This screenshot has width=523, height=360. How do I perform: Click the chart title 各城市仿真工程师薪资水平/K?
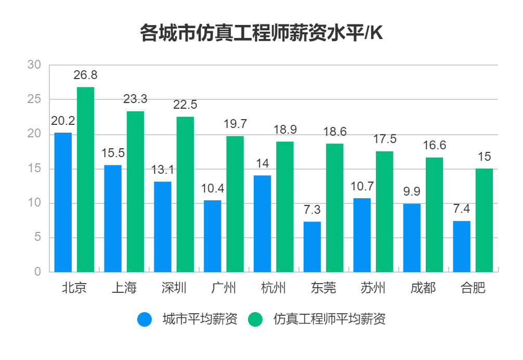pyautogui.click(x=261, y=33)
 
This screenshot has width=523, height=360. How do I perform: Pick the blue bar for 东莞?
pyautogui.click(x=312, y=247)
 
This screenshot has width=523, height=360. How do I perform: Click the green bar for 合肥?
pyautogui.click(x=484, y=220)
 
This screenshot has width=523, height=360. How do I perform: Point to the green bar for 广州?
pyautogui.click(x=235, y=204)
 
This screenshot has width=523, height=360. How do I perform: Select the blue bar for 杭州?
pyautogui.click(x=262, y=224)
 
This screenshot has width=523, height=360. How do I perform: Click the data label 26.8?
pyautogui.click(x=85, y=75)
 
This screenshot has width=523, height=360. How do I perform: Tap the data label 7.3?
pyautogui.click(x=312, y=210)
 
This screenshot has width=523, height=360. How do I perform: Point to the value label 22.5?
pyautogui.click(x=185, y=105)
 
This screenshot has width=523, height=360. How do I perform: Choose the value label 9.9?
pyautogui.click(x=412, y=191)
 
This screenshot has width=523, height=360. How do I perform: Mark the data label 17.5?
pyautogui.click(x=385, y=139)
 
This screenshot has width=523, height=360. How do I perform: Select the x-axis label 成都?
pyautogui.click(x=423, y=288)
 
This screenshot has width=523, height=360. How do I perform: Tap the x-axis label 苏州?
pyautogui.click(x=373, y=288)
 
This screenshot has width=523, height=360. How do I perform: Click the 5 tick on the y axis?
pyautogui.click(x=37, y=238)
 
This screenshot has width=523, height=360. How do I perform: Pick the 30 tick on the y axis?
pyautogui.click(x=34, y=65)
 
